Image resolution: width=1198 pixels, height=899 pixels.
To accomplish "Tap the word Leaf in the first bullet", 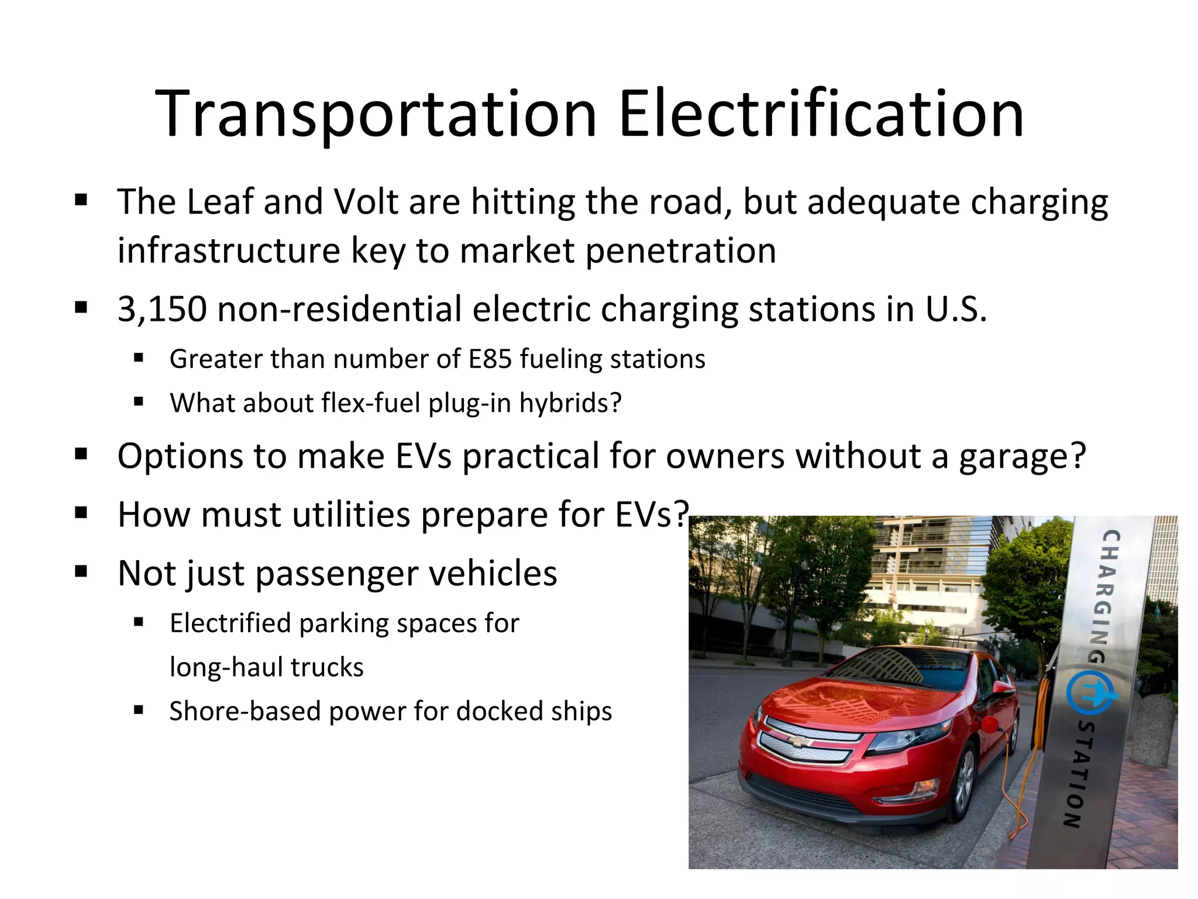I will tap(220, 202).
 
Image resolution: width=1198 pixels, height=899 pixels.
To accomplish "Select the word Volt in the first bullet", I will tap(366, 202).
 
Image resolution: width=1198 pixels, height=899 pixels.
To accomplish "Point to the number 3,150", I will tap(162, 309).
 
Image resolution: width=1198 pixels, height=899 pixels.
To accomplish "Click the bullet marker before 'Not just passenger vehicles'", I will tap(81, 571).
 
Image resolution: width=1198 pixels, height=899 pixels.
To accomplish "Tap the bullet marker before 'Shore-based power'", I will tap(139, 710).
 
